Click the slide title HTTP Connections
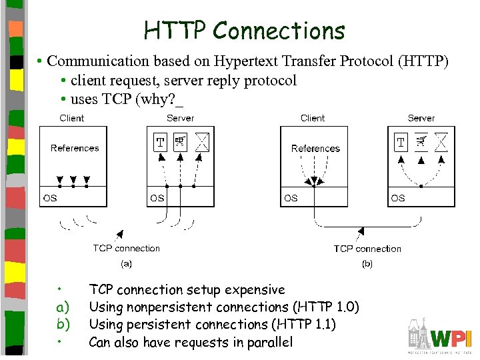click(x=245, y=30)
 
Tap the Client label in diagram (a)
click(x=72, y=118)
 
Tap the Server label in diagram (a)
click(x=180, y=118)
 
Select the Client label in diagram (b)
click(x=313, y=118)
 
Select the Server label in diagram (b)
click(x=421, y=118)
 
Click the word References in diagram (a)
click(x=75, y=148)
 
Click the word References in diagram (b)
click(x=315, y=149)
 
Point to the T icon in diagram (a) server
click(x=160, y=142)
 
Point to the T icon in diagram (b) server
click(x=401, y=142)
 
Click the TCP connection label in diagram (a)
click(x=126, y=248)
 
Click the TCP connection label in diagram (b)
click(x=367, y=249)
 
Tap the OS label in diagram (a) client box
click(x=50, y=198)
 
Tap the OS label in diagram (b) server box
click(x=398, y=198)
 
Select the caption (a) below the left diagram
click(x=126, y=263)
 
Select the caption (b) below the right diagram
click(x=367, y=264)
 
